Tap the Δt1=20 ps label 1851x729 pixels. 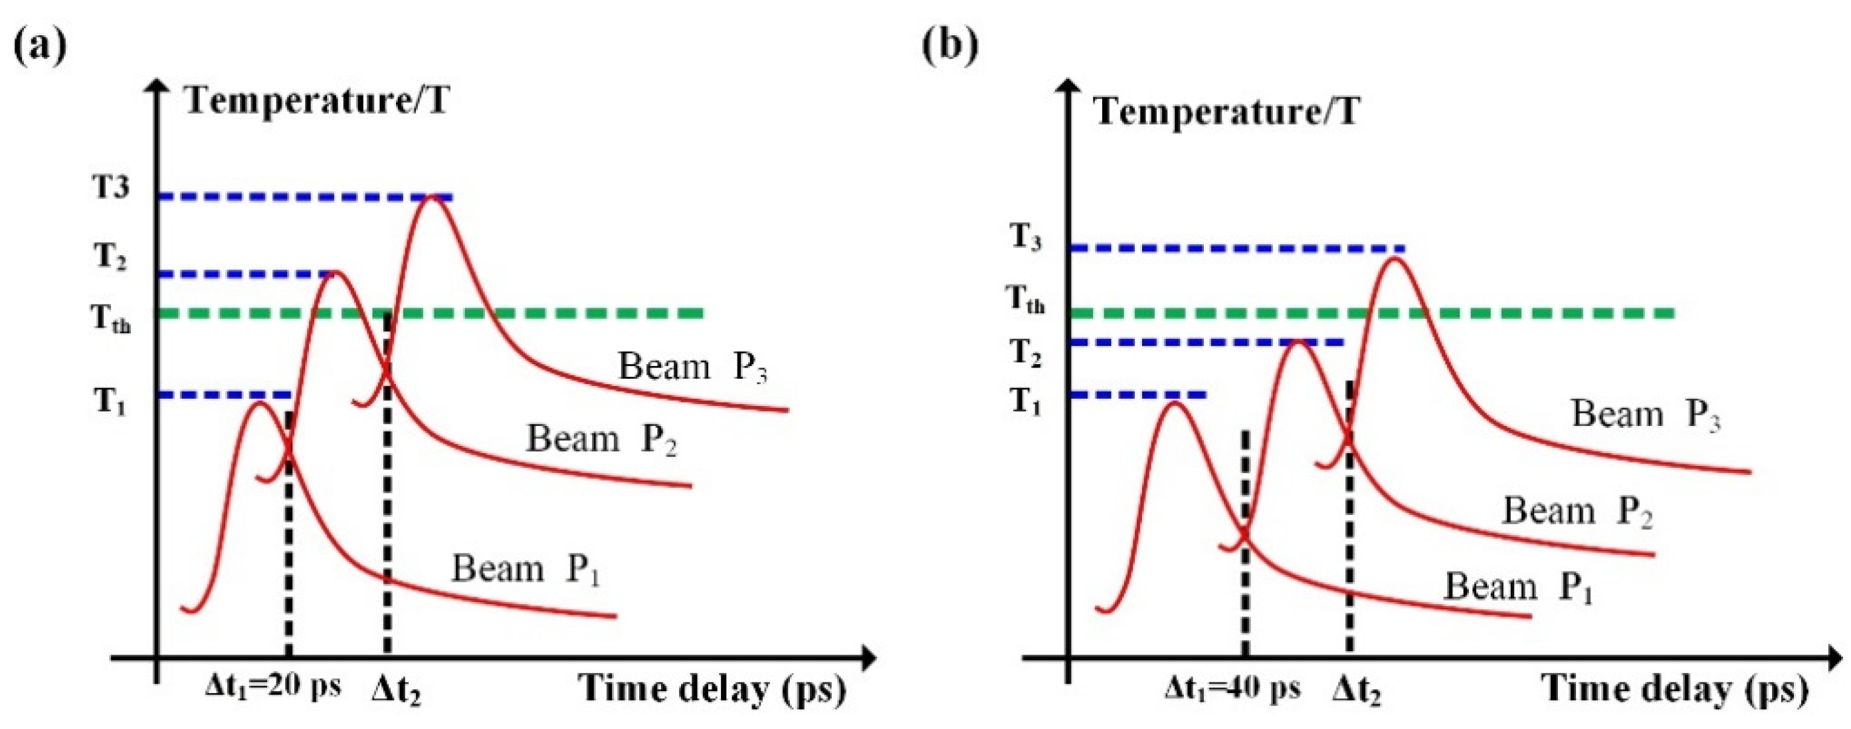[x=273, y=686]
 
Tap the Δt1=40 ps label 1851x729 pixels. [x=1232, y=688]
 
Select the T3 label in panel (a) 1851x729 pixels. [x=111, y=187]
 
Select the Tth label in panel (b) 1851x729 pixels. [x=1025, y=298]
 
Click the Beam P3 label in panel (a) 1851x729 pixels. [x=693, y=367]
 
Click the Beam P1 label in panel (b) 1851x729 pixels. [x=1517, y=587]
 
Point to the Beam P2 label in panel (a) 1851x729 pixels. [x=601, y=439]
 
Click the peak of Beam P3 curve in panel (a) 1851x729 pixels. [x=431, y=196]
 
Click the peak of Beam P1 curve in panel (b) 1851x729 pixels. [x=1175, y=403]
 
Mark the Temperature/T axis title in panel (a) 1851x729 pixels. [x=317, y=99]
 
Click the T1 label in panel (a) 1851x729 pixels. [x=110, y=401]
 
